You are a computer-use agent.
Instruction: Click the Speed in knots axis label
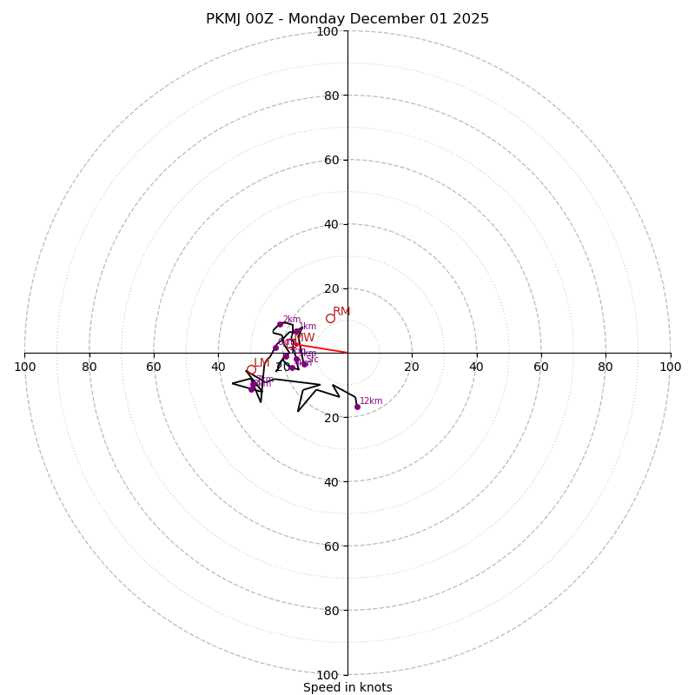pos(347,687)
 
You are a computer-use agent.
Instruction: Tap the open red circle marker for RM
pos(330,318)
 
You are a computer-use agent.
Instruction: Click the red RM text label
pos(341,311)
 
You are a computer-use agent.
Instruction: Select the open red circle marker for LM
pos(251,369)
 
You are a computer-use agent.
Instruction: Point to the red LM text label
pos(261,362)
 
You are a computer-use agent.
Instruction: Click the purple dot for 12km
pos(357,407)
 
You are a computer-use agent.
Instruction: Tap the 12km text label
pos(371,401)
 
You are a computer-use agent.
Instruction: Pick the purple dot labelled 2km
pos(280,324)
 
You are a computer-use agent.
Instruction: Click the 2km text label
pos(292,320)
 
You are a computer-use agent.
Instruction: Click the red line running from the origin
pos(326,348)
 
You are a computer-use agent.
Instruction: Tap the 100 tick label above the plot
pos(328,32)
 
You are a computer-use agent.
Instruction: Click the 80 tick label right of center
pos(606,367)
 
